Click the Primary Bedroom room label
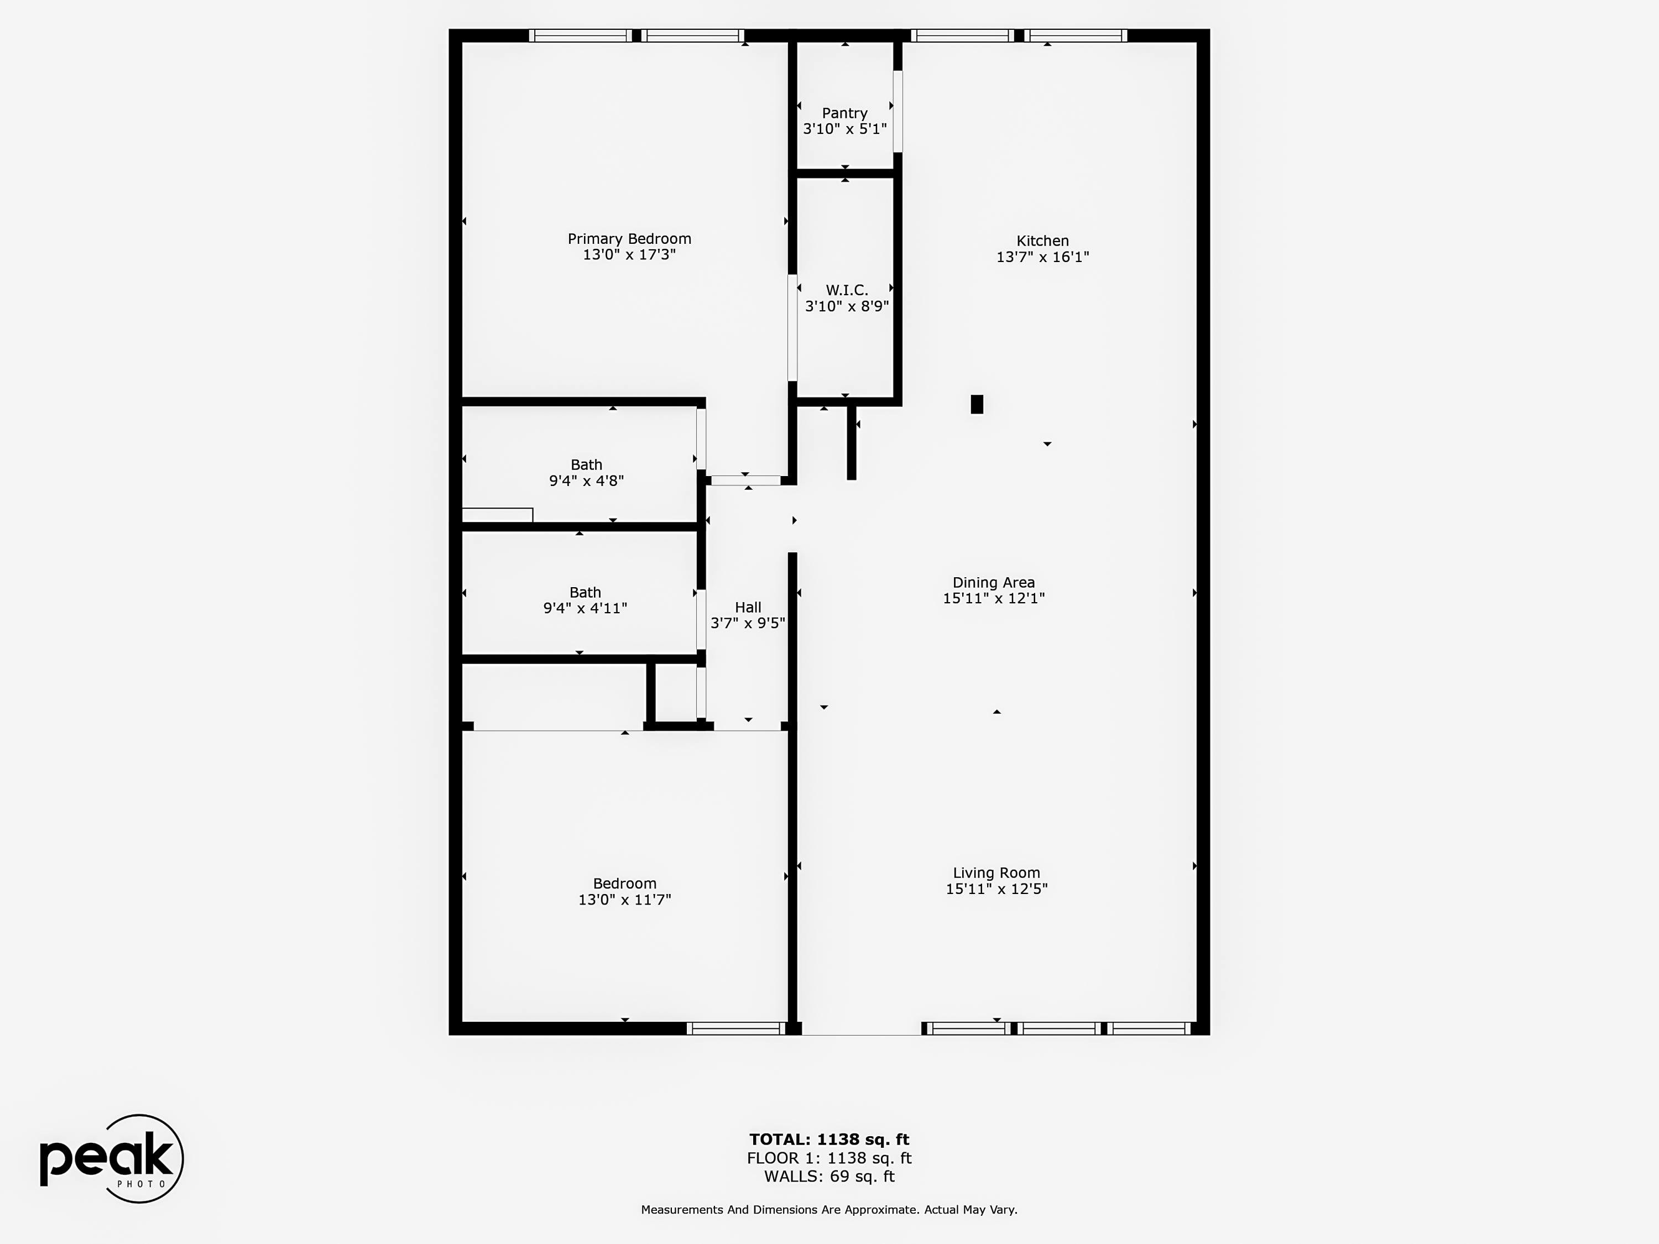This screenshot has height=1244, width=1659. coord(629,238)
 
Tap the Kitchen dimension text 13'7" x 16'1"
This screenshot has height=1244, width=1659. coord(1042,257)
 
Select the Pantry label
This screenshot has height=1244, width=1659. coord(844,113)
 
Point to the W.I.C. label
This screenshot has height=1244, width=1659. coord(847,290)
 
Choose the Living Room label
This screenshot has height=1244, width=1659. coord(996,873)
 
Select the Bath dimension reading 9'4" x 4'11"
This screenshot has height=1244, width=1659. coord(585,608)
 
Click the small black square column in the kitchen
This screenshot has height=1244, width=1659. coord(977,404)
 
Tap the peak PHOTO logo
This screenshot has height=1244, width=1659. coord(111,1158)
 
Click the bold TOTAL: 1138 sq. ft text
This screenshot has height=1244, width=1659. coord(829,1140)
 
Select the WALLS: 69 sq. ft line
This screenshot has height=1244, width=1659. coord(829,1177)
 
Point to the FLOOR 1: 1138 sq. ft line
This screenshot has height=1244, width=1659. coord(829,1158)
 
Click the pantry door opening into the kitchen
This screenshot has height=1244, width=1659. coord(898,111)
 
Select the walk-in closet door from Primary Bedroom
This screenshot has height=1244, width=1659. coord(792,328)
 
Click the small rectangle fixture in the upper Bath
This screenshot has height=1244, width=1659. coord(497,515)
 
